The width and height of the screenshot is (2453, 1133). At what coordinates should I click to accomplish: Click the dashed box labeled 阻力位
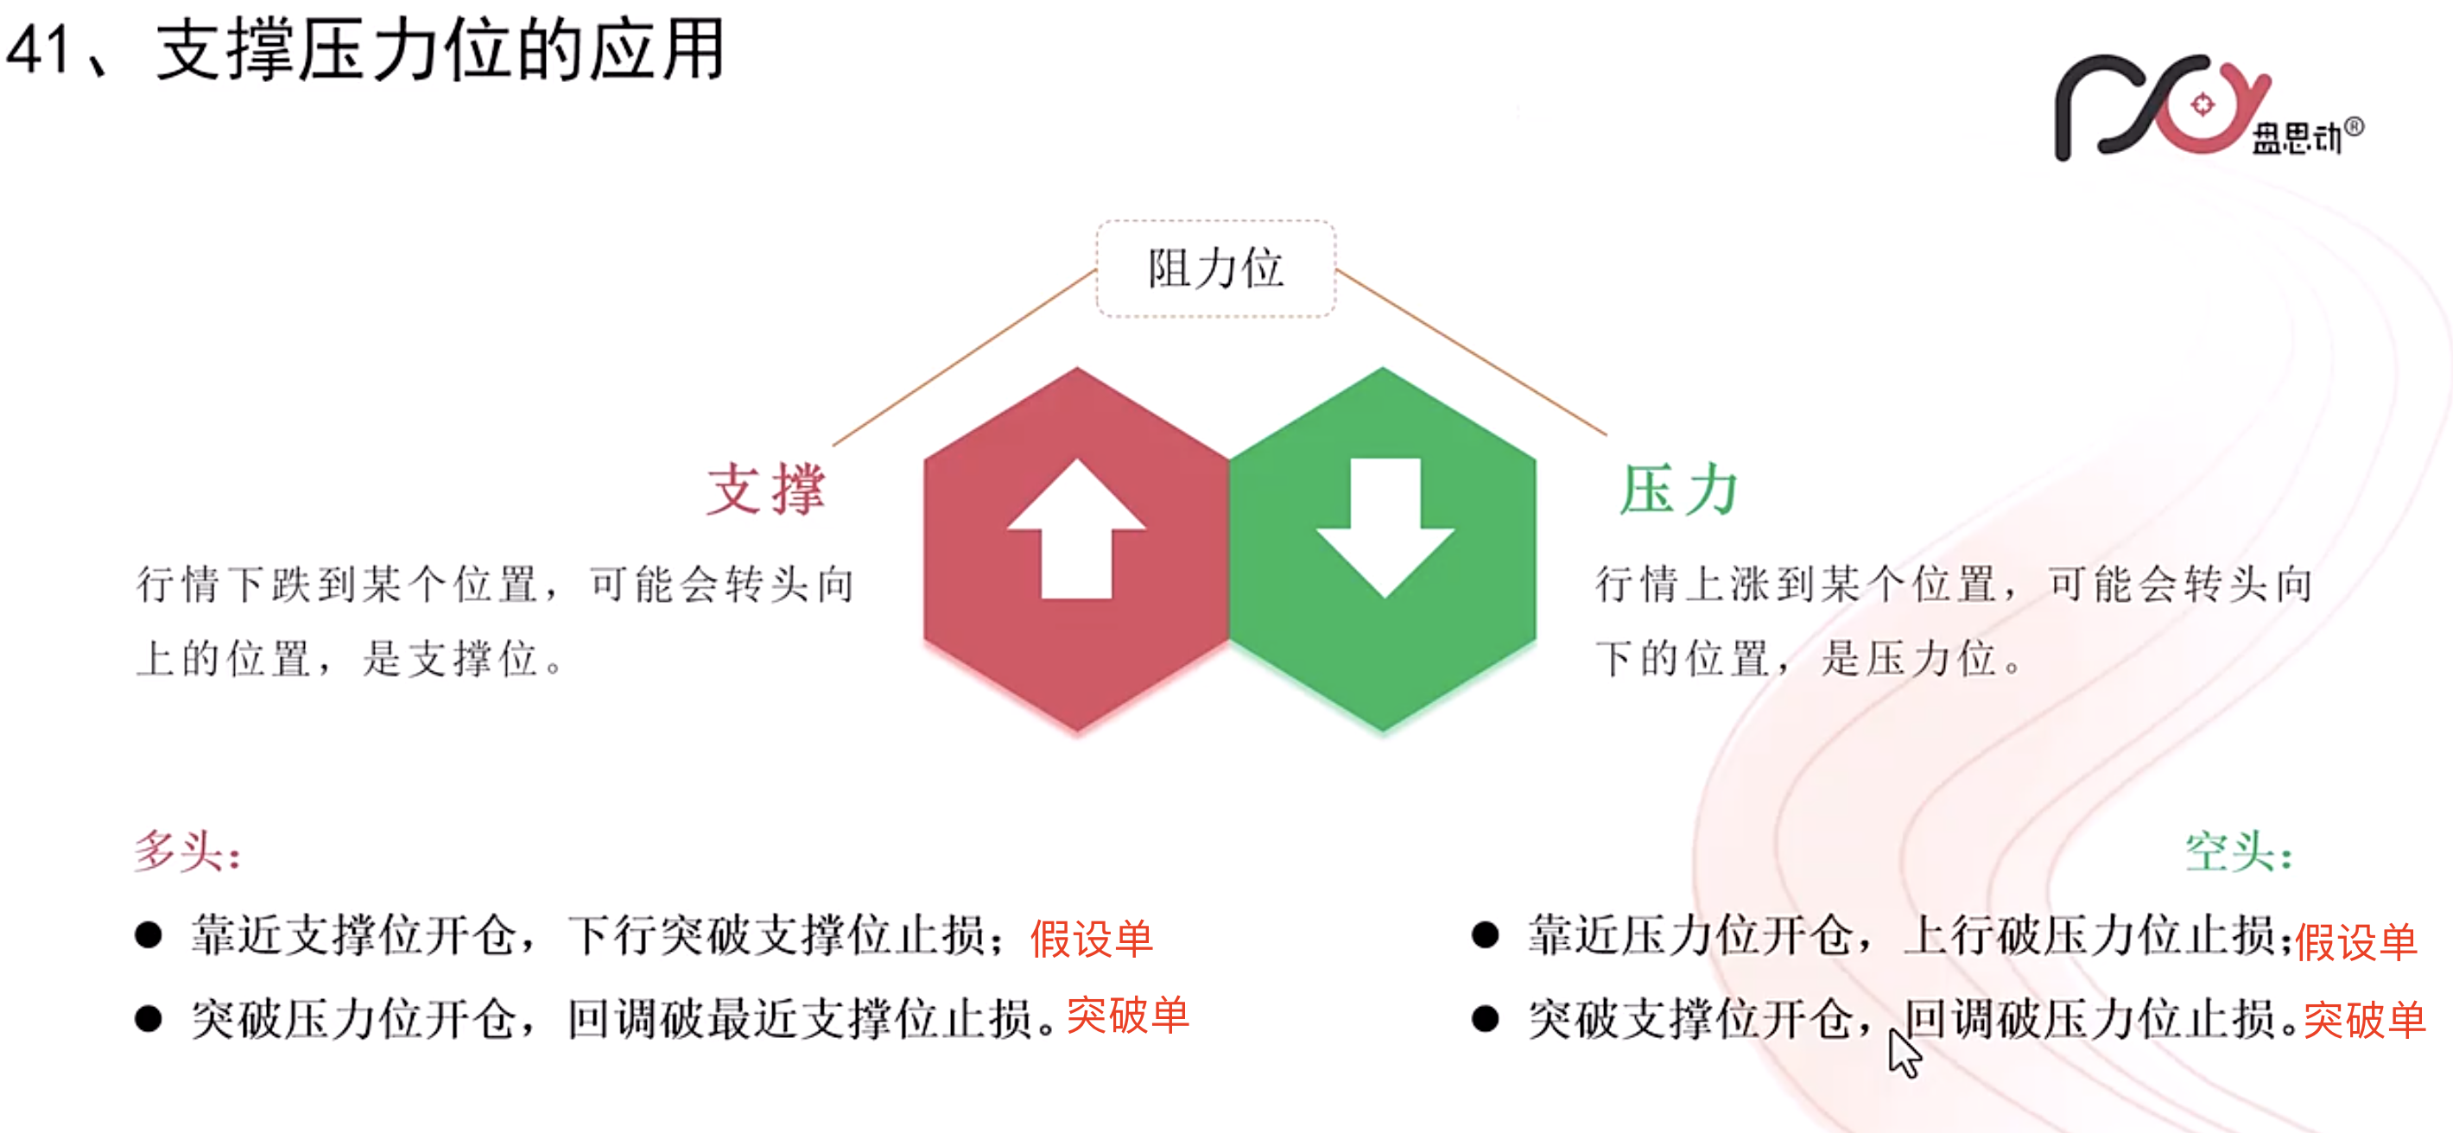pyautogui.click(x=1215, y=269)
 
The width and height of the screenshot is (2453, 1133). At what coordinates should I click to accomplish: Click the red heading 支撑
pyautogui.click(x=765, y=490)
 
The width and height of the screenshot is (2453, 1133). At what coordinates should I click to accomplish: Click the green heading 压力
pyautogui.click(x=1680, y=490)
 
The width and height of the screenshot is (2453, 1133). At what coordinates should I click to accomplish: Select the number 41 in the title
pyautogui.click(x=38, y=49)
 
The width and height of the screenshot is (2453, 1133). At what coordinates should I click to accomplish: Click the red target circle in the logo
pyautogui.click(x=2202, y=104)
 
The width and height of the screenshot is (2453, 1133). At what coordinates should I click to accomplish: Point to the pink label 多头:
pyautogui.click(x=187, y=851)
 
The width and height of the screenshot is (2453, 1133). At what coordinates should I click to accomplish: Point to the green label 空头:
pyautogui.click(x=2238, y=851)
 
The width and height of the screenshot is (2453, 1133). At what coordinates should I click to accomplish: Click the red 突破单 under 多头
pyautogui.click(x=1127, y=1015)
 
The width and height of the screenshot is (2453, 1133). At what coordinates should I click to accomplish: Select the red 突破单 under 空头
pyautogui.click(x=2364, y=1020)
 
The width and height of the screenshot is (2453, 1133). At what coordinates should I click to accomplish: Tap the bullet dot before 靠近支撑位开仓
pyautogui.click(x=148, y=935)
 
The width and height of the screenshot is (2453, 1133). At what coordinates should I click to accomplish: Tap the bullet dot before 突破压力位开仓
pyautogui.click(x=148, y=1019)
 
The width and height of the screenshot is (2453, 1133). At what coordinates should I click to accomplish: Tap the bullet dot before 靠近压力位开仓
pyautogui.click(x=1485, y=935)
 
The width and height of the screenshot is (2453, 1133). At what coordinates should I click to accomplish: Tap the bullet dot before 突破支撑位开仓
pyautogui.click(x=1485, y=1019)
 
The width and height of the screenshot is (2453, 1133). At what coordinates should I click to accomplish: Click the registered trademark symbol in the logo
pyautogui.click(x=2353, y=127)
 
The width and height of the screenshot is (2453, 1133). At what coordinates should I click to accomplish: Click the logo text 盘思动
pyautogui.click(x=2296, y=139)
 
